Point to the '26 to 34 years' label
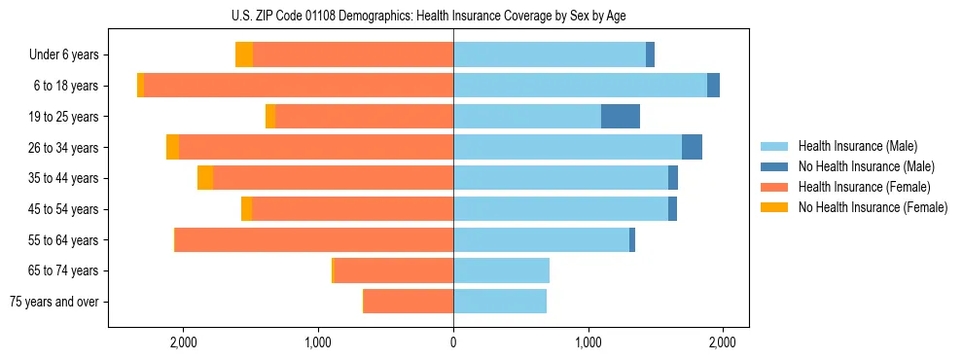[64, 148]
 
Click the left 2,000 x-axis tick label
[184, 342]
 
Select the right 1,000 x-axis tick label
[588, 342]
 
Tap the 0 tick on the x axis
[453, 342]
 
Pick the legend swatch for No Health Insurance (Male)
[775, 166]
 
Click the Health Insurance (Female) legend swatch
[775, 187]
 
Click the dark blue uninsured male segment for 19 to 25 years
[621, 117]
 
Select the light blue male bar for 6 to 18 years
[580, 86]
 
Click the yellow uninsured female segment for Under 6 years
[244, 55]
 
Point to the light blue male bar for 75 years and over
[500, 302]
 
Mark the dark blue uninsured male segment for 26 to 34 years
[692, 148]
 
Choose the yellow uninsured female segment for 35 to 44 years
[205, 178]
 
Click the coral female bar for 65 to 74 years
[394, 270]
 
